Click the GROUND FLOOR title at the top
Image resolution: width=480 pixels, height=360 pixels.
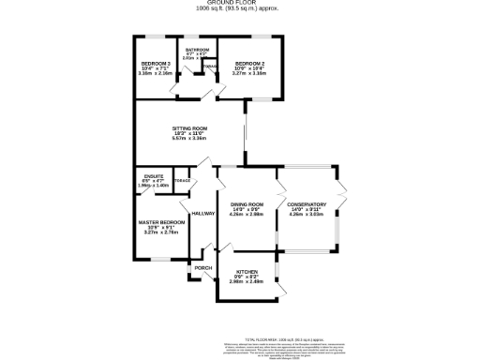239,4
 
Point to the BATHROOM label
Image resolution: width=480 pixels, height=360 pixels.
197,49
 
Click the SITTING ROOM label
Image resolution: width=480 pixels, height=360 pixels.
189,127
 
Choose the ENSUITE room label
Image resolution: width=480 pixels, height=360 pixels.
155,175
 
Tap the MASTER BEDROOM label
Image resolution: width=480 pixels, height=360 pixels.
157,221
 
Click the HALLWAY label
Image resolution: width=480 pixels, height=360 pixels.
202,214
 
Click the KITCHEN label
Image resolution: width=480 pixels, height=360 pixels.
247,273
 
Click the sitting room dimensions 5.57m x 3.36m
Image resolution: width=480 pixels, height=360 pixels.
189,139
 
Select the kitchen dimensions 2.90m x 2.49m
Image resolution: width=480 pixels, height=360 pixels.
247,282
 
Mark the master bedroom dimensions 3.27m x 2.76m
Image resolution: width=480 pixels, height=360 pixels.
157,232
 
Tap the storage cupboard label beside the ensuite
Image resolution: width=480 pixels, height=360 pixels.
182,181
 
